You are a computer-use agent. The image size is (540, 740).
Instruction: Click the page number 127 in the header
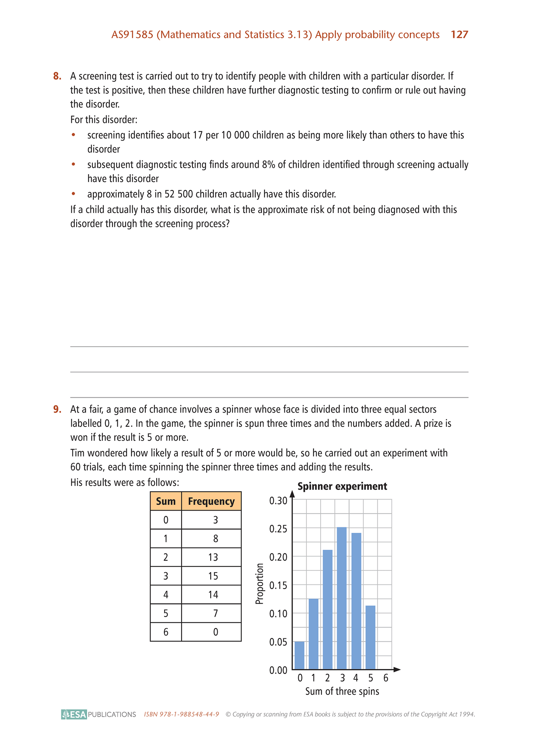(459, 35)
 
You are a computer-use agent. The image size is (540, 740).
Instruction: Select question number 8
(57, 76)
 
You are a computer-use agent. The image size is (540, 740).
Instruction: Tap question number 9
(57, 409)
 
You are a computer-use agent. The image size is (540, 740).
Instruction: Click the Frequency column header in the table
(211, 501)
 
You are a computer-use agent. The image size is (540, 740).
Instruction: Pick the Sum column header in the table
(166, 501)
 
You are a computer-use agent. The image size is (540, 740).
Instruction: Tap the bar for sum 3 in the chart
(342, 598)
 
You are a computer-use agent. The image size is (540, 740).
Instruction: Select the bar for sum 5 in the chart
(370, 637)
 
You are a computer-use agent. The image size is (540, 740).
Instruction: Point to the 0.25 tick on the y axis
(278, 529)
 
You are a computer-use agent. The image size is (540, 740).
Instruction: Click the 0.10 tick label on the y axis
(278, 614)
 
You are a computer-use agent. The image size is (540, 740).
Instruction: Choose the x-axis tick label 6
(386, 678)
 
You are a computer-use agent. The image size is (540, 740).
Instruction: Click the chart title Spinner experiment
(342, 486)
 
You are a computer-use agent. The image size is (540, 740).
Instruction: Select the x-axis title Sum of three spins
(342, 691)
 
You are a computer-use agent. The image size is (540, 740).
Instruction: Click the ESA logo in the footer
(74, 714)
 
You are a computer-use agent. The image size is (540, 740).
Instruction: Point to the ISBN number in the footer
(181, 715)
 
